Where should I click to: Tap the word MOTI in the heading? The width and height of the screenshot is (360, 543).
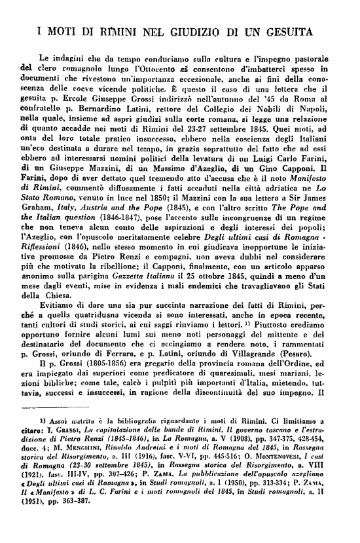tap(69, 30)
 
